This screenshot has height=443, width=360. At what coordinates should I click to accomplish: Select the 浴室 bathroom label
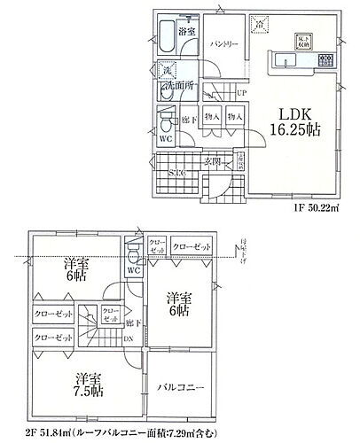tap(188, 31)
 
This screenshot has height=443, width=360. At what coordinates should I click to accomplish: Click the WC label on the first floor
tap(166, 139)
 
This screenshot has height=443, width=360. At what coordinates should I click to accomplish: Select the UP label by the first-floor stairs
tap(241, 92)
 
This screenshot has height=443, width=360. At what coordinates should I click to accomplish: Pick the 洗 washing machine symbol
tap(166, 70)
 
